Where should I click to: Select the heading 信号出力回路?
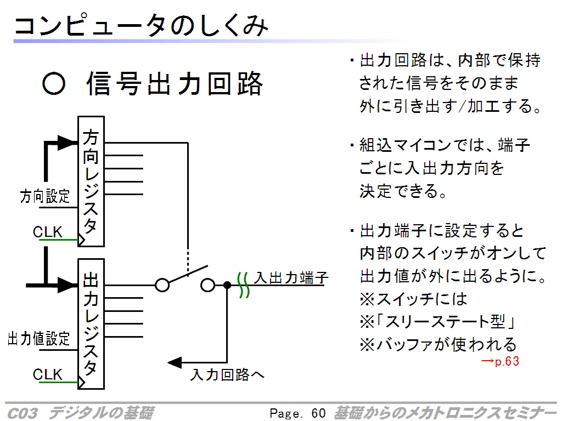coord(175,83)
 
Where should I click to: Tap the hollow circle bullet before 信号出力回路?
coord(54,83)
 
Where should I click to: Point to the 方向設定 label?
coord(45,196)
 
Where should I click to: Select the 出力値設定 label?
coord(39,339)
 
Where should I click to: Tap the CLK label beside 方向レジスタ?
coord(47,232)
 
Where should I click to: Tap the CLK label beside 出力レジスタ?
coord(47,374)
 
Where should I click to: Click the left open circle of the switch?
coord(162,285)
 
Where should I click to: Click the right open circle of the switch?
coord(207,285)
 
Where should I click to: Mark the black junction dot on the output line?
coord(227,285)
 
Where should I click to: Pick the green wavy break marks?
coord(243,285)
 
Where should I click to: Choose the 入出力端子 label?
coord(291,278)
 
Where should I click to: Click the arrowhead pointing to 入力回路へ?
coord(175,363)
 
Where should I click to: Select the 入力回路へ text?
coord(227,375)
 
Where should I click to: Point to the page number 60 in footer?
coord(318,413)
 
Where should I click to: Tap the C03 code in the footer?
coord(22,413)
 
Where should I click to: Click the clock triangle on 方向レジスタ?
coord(81,240)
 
